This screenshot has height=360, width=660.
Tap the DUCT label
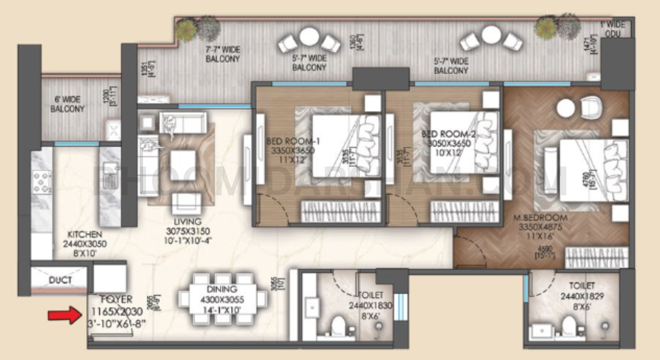pos(60,280)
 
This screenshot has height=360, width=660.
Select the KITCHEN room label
pos(85,234)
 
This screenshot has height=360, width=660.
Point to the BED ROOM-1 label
pos(293,141)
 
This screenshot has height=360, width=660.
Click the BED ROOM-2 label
pos(449,134)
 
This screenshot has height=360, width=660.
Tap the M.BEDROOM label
pos(540,218)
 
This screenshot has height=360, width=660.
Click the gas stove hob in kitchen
pos(42,182)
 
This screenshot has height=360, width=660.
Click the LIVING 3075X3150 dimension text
pos(188,231)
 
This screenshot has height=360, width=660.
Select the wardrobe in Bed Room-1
pos(341,212)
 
